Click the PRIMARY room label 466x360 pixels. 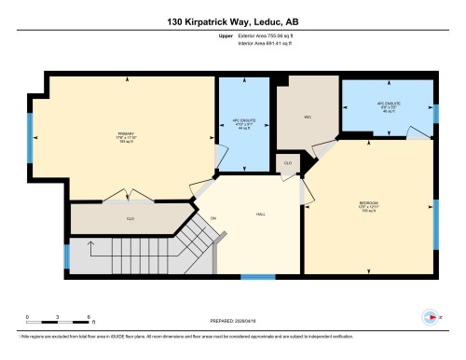127,132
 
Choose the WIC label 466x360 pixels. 306,118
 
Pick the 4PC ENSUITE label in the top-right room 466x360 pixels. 388,104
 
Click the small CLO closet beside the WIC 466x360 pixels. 288,162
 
